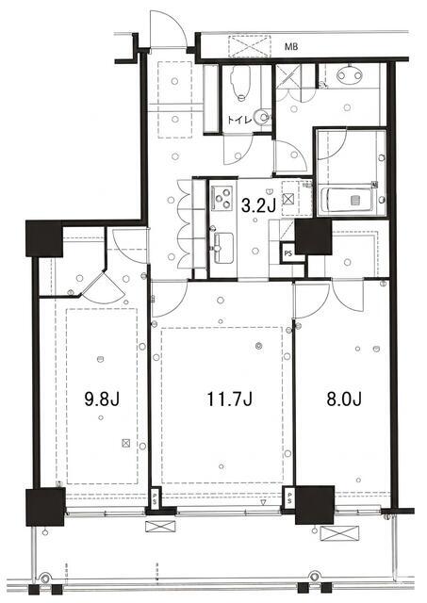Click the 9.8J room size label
click(x=102, y=399)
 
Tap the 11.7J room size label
click(x=230, y=399)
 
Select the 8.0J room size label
click(x=344, y=399)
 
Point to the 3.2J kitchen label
click(x=258, y=206)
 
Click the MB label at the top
click(x=291, y=47)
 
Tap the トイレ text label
click(x=239, y=120)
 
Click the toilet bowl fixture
click(x=240, y=82)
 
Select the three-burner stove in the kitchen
click(x=222, y=198)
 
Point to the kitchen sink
click(x=222, y=248)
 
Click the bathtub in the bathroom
click(x=347, y=200)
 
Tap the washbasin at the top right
click(x=349, y=74)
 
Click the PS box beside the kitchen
click(x=287, y=253)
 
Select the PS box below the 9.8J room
click(x=155, y=499)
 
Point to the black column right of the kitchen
click(x=313, y=236)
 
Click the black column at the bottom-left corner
click(x=45, y=507)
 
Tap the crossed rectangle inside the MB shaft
click(x=250, y=47)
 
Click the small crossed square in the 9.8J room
click(x=125, y=443)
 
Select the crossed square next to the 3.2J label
click(x=288, y=199)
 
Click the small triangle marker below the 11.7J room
click(x=264, y=503)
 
